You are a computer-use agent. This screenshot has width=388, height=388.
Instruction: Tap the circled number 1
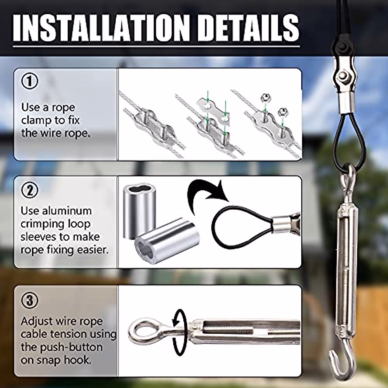29,81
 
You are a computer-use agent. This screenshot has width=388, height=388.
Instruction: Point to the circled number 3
29,300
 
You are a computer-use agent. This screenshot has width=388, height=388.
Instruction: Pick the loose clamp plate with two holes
214,109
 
